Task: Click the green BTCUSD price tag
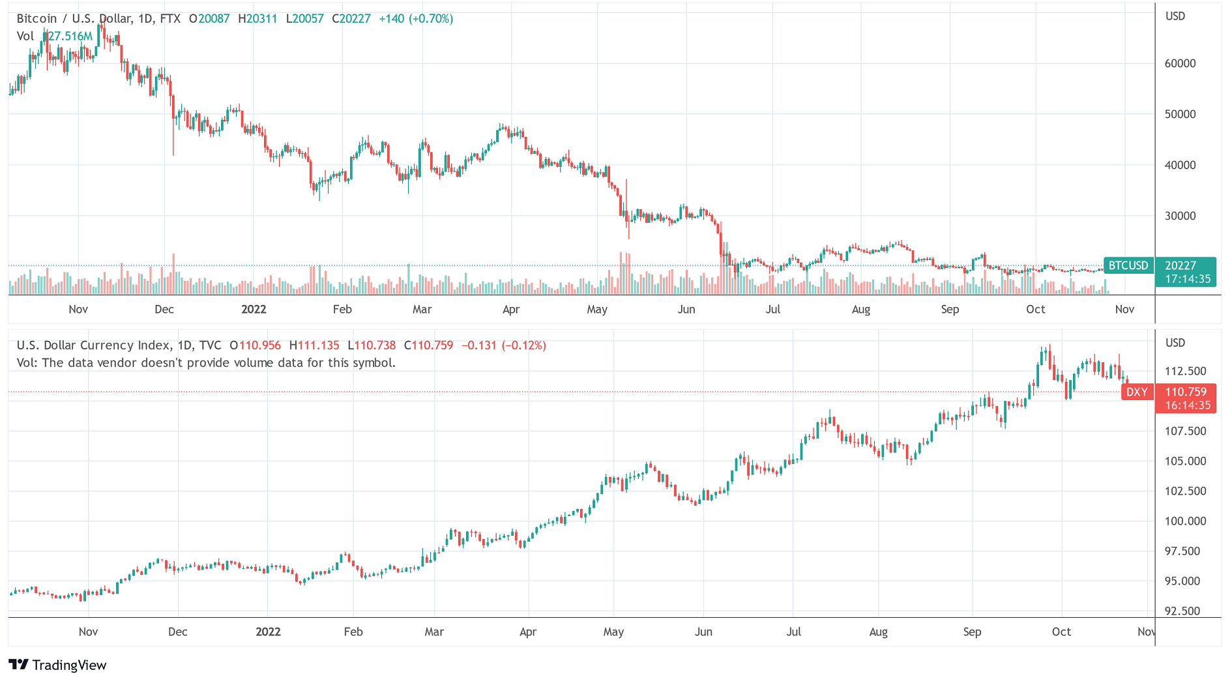(1128, 265)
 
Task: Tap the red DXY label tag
(1137, 392)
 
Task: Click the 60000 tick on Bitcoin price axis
(1180, 63)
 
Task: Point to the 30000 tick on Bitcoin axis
(1180, 216)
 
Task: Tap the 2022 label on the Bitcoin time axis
(254, 309)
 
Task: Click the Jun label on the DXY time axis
(703, 632)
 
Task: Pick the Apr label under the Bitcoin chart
(511, 309)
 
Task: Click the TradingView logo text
(69, 665)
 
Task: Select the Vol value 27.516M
(70, 36)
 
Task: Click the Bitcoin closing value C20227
(351, 19)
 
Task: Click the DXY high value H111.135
(314, 345)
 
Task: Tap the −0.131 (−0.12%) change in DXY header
(503, 345)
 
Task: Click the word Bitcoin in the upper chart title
(37, 19)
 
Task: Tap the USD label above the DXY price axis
(1175, 343)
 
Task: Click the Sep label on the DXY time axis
(972, 632)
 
